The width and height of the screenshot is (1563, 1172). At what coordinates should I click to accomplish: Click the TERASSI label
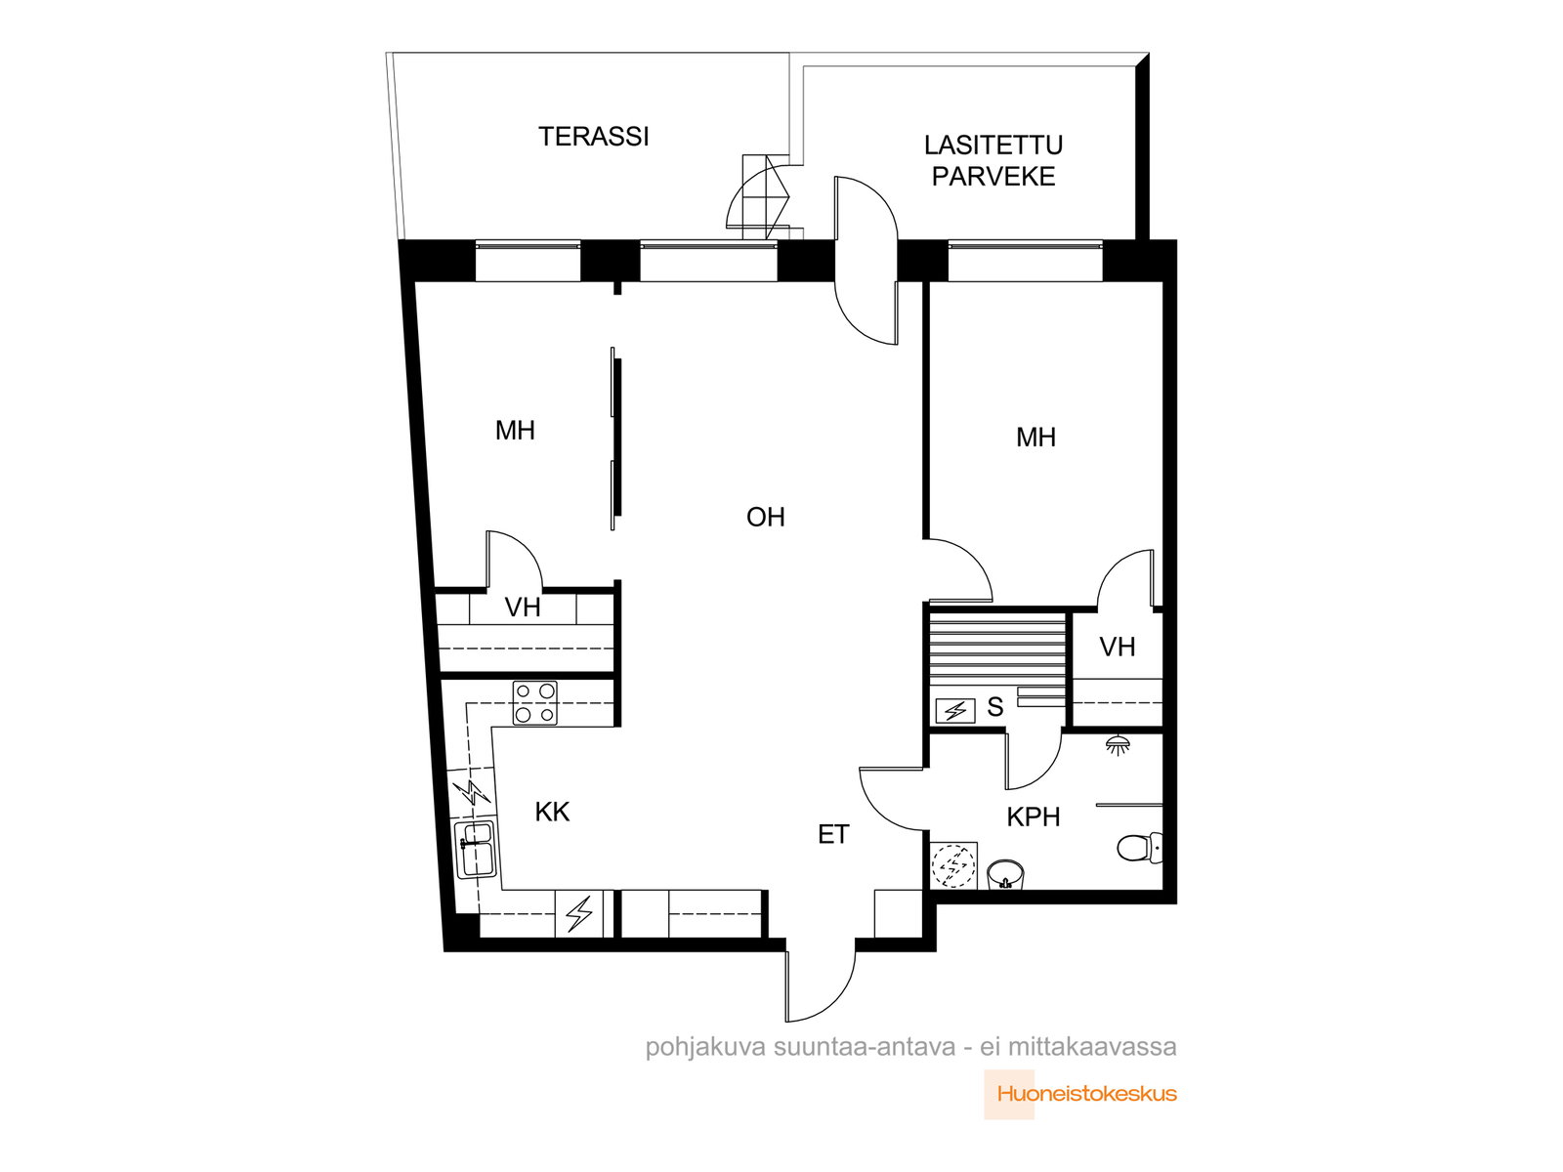click(593, 137)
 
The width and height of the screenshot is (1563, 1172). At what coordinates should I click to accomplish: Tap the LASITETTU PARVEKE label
click(993, 161)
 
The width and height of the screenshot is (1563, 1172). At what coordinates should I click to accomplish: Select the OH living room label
click(766, 518)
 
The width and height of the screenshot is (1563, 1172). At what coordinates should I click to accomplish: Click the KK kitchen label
click(552, 812)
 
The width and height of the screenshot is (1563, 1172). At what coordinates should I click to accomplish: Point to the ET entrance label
click(833, 834)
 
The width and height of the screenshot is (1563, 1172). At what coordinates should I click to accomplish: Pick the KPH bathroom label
click(1034, 816)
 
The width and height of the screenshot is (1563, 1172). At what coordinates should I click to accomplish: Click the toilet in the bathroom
click(1139, 848)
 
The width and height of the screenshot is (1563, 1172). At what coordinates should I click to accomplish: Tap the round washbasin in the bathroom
click(1005, 874)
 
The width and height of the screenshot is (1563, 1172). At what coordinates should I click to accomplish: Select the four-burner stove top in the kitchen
click(534, 703)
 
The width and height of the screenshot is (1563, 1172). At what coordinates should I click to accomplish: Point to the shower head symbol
click(1118, 745)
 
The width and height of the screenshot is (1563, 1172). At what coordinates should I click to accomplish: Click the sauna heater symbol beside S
click(954, 710)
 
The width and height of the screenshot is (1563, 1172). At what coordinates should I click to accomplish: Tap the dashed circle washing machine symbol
click(953, 866)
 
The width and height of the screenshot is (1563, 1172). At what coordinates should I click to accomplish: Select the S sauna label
click(994, 707)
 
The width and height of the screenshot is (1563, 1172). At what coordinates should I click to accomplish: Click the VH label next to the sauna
click(1118, 647)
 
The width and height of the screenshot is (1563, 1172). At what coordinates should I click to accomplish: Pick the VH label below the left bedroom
click(523, 607)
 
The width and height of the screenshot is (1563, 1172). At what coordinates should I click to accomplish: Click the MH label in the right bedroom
click(1036, 438)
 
